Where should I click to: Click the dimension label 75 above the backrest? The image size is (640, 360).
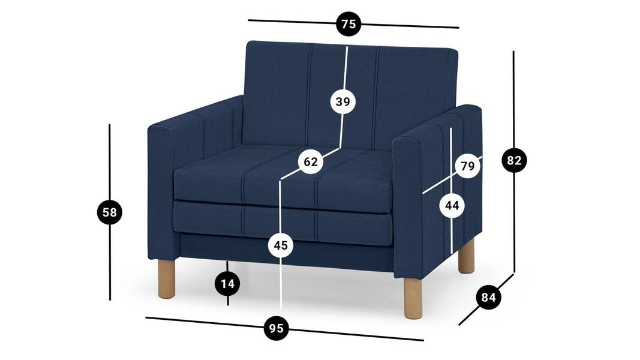click(348, 24)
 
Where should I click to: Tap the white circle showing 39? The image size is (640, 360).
click(343, 101)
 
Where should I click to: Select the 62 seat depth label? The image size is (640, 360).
click(311, 161)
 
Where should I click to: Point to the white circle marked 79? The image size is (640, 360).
click(468, 166)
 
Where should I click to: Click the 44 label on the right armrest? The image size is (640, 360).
click(452, 205)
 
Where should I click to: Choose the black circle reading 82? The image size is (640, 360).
click(514, 160)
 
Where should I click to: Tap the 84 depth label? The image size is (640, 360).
click(488, 297)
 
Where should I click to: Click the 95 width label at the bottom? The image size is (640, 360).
click(277, 328)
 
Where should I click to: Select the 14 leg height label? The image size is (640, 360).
click(228, 283)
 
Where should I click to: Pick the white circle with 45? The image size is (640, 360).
click(281, 245)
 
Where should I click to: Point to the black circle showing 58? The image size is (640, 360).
click(109, 212)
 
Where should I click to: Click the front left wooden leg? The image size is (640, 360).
click(167, 279)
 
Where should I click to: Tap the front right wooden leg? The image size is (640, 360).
click(413, 298)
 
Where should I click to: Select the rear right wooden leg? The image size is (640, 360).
click(466, 256)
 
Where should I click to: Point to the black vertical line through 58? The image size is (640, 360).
click(109, 212)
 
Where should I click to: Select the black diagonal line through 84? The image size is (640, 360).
click(486, 299)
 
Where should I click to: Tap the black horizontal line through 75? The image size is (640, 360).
click(353, 23)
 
